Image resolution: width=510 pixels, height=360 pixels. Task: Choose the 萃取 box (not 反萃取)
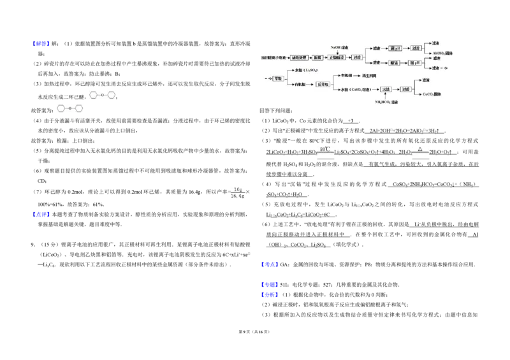pyautogui.click(x=278, y=78)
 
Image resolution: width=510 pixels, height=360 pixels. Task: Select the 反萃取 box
pyautogui.click(x=323, y=84)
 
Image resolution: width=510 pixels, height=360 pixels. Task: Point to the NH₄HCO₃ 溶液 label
pyautogui.click(x=386, y=102)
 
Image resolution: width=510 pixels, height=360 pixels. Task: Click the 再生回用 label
pyautogui.click(x=370, y=75)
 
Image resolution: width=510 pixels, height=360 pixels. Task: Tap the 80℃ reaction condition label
pyautogui.click(x=326, y=149)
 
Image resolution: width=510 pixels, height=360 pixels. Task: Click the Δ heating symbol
pyautogui.click(x=419, y=149)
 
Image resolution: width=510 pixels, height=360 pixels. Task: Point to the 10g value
pyautogui.click(x=238, y=189)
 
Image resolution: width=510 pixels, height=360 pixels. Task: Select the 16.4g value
pyautogui.click(x=238, y=196)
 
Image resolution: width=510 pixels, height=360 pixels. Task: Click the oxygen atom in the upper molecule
pyautogui.click(x=102, y=94)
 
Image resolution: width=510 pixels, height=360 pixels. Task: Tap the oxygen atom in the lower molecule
pyautogui.click(x=71, y=109)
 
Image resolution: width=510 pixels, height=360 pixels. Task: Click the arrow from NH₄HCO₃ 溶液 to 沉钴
pyautogui.click(x=385, y=96)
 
